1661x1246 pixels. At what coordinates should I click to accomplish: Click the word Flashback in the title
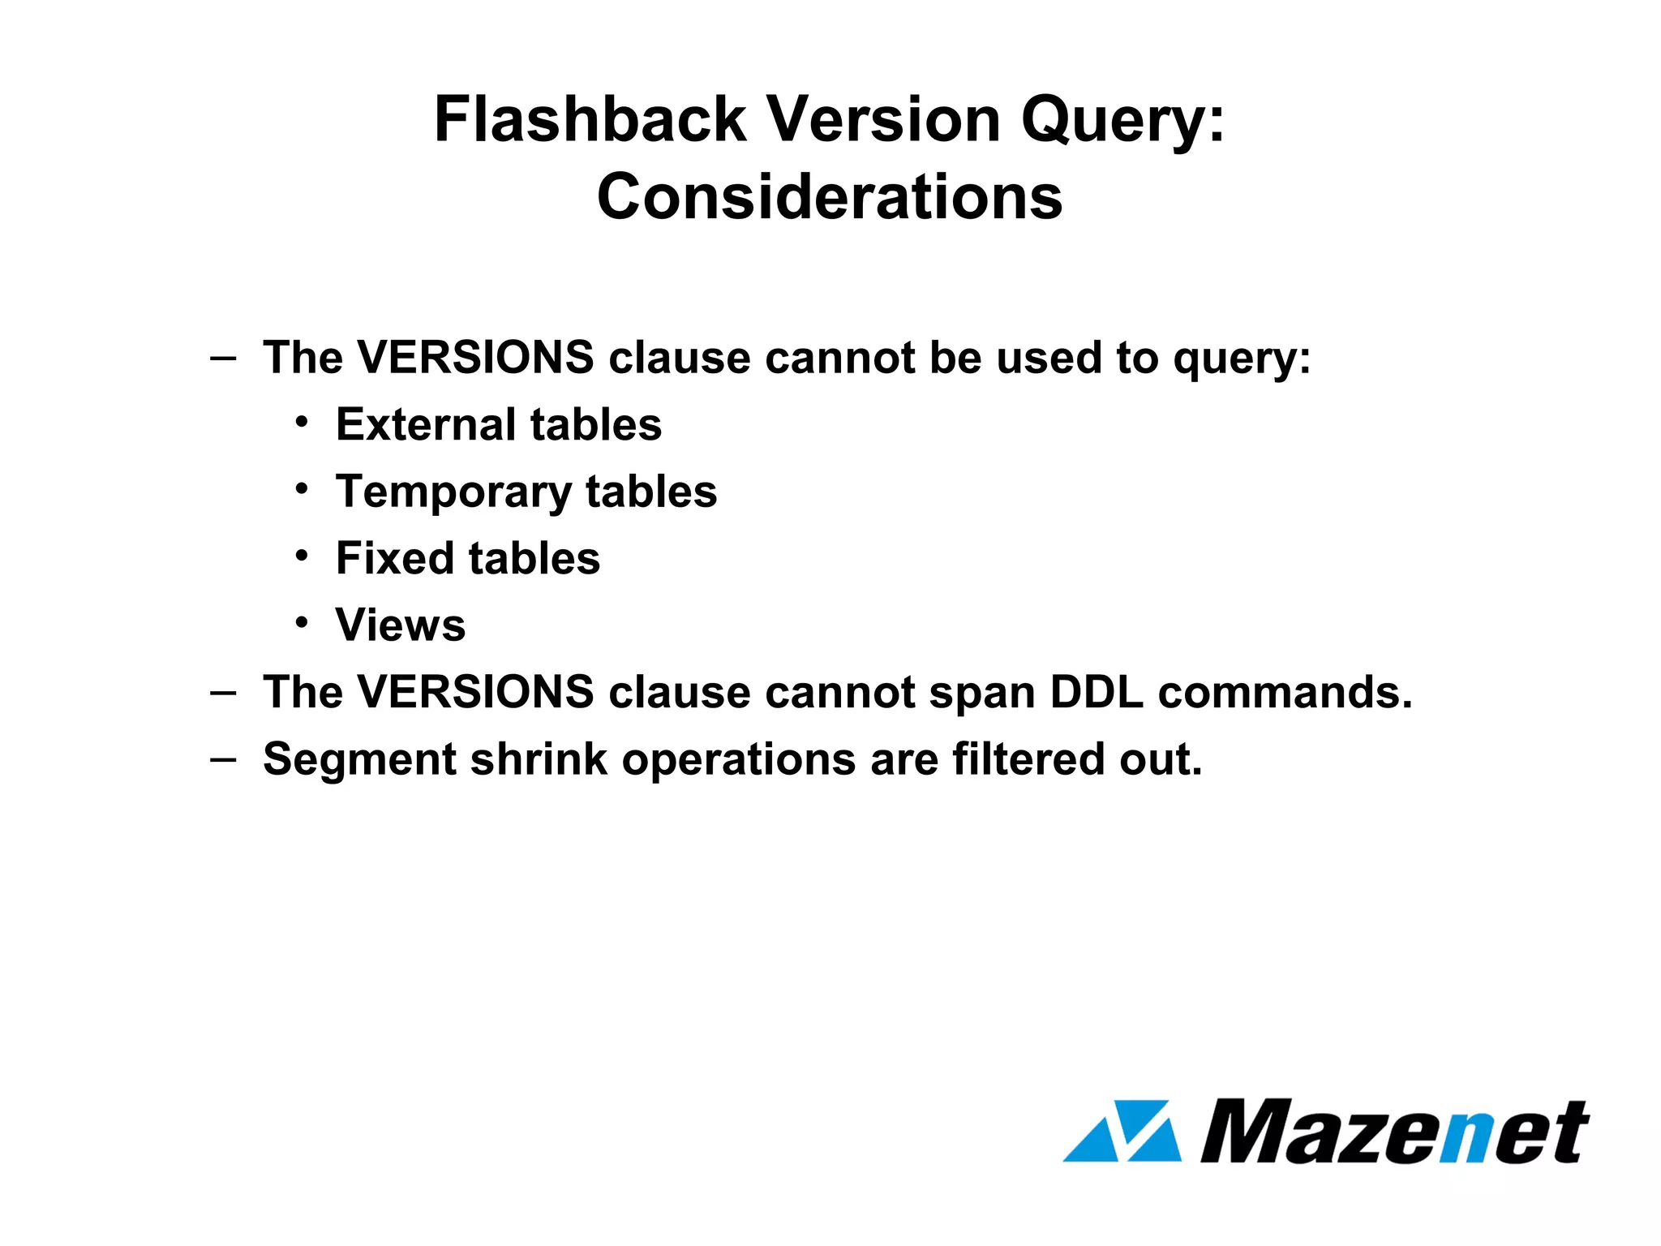click(590, 120)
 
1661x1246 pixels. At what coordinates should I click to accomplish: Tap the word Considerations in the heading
click(830, 197)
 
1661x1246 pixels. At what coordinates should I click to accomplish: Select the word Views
click(401, 625)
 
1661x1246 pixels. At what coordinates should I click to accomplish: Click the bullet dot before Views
click(302, 623)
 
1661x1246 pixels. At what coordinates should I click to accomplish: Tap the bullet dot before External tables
click(302, 423)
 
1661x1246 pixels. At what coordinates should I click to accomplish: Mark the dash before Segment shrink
click(223, 759)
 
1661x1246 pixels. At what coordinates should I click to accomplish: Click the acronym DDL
click(1097, 693)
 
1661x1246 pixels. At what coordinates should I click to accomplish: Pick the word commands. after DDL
click(1285, 693)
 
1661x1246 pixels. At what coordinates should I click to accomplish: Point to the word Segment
click(360, 760)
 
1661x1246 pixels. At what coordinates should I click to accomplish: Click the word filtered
click(1028, 759)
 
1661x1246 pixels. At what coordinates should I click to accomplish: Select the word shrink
click(539, 759)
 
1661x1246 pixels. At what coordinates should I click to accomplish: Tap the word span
click(982, 694)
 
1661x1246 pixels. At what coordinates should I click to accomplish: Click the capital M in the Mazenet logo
click(1253, 1131)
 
